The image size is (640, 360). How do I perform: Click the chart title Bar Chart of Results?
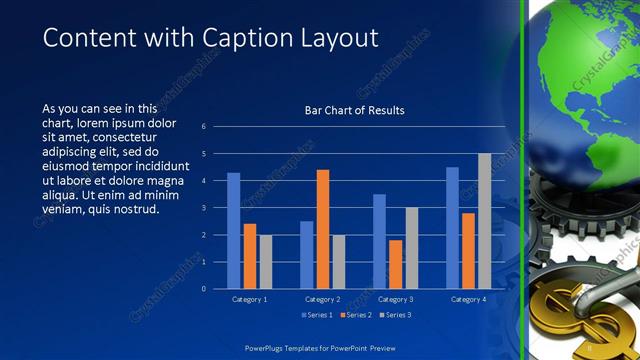[x=354, y=110]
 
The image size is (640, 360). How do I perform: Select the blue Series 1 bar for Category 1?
[x=234, y=231]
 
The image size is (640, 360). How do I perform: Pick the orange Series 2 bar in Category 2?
[x=323, y=229]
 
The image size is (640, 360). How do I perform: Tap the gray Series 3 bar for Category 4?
[x=484, y=221]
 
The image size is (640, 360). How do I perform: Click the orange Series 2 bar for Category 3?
[x=395, y=264]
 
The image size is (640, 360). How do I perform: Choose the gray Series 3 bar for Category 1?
[x=265, y=262]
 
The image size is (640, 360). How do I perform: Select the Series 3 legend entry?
[x=394, y=315]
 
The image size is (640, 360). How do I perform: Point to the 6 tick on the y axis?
[x=203, y=127]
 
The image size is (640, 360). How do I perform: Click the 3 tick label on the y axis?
[x=203, y=208]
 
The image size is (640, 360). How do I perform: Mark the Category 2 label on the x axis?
[x=322, y=299]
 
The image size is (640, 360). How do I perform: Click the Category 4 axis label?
[x=468, y=299]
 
